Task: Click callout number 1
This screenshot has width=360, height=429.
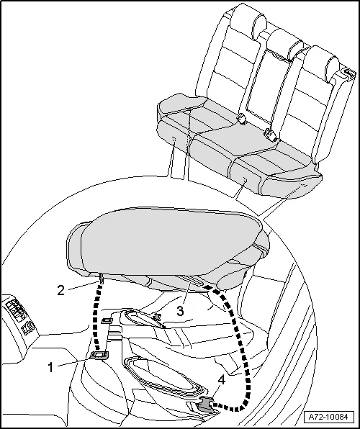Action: click(50, 367)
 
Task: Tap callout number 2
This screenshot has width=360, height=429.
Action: click(60, 290)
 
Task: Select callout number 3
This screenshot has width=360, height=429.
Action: click(180, 311)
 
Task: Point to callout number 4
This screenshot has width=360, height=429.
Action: click(222, 380)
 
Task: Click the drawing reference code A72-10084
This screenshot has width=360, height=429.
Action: click(328, 417)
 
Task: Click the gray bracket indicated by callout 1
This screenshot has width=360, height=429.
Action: click(99, 356)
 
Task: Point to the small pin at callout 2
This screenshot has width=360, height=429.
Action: click(102, 279)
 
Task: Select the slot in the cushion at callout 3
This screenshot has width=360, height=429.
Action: click(189, 281)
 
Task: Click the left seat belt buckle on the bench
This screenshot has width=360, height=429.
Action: click(241, 119)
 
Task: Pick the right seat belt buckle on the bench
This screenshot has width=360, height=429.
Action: click(271, 135)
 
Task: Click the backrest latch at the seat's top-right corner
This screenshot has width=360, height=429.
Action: click(348, 73)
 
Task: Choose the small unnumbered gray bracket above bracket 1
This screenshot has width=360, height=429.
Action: click(107, 320)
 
